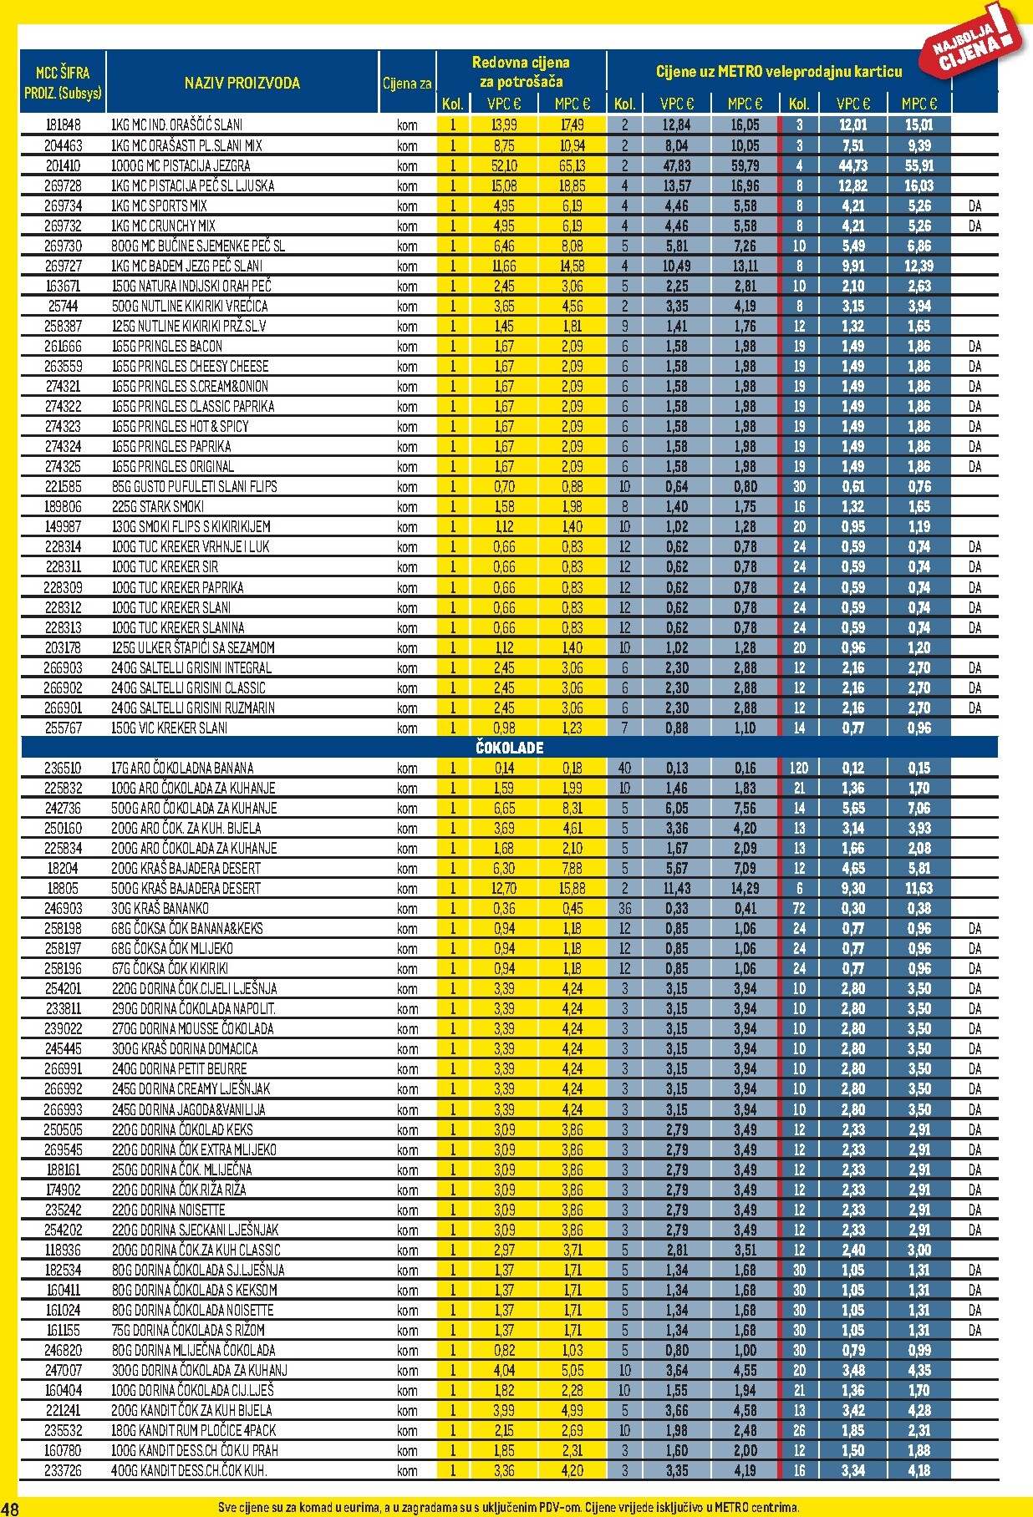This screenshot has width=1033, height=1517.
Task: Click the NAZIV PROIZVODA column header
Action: click(242, 83)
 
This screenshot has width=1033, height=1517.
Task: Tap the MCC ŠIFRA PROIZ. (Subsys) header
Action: click(64, 82)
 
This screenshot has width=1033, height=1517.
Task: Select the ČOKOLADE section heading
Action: click(509, 748)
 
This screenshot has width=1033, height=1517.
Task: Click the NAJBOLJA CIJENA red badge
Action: click(974, 43)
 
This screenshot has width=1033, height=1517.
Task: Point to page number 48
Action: click(10, 1508)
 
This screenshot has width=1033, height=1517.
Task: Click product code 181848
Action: click(64, 125)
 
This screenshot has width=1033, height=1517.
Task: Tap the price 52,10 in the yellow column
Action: click(504, 165)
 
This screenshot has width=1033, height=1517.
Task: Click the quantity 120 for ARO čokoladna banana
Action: click(799, 768)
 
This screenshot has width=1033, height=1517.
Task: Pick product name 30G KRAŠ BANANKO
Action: click(160, 908)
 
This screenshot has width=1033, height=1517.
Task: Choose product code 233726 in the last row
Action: click(64, 1470)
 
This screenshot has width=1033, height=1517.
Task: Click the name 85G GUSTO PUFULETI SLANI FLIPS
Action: click(194, 486)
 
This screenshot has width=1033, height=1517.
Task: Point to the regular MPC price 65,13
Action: click(572, 165)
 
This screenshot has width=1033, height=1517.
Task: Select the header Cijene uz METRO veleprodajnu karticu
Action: click(779, 72)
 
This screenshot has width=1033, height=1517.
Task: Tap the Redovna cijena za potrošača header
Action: click(521, 72)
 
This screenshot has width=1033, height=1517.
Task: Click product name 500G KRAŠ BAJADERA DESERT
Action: click(186, 888)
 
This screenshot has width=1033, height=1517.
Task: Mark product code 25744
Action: click(64, 306)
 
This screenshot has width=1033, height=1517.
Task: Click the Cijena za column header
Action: click(407, 83)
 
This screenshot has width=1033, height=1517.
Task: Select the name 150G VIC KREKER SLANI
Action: click(169, 728)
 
